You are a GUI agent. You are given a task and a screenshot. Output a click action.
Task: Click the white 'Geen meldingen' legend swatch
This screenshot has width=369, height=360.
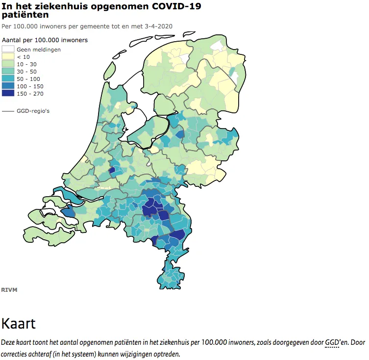[8, 50]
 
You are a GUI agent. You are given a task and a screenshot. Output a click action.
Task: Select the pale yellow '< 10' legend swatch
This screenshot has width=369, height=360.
[8, 57]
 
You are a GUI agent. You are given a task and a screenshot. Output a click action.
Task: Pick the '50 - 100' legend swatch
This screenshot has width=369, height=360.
[8, 79]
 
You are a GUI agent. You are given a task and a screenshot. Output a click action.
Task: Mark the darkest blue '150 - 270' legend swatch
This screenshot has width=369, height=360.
[8, 94]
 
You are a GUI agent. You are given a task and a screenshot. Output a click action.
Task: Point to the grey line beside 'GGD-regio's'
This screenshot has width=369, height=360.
[8, 111]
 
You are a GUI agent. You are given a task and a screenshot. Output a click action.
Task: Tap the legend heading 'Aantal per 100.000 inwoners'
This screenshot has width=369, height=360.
[45, 40]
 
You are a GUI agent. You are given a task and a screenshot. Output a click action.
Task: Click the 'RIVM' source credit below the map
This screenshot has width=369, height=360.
[9, 290]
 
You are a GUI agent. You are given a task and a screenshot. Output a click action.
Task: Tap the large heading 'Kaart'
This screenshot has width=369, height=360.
[19, 324]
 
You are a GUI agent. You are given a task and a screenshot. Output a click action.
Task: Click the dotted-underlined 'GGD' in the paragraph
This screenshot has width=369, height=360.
[332, 342]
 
